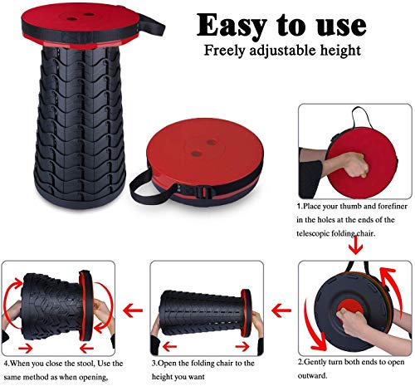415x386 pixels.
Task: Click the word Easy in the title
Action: (x=232, y=26)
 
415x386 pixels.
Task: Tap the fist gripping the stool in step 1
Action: (x=355, y=165)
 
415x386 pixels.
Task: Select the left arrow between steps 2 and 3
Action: (x=281, y=310)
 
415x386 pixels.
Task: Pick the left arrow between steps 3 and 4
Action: (x=133, y=310)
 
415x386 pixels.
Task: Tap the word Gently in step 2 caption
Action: (x=315, y=363)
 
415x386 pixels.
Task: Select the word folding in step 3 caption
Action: (x=204, y=363)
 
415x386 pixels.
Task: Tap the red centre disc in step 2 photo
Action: (x=349, y=310)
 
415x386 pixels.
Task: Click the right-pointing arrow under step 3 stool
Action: (x=242, y=346)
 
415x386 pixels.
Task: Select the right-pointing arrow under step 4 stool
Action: (x=25, y=348)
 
